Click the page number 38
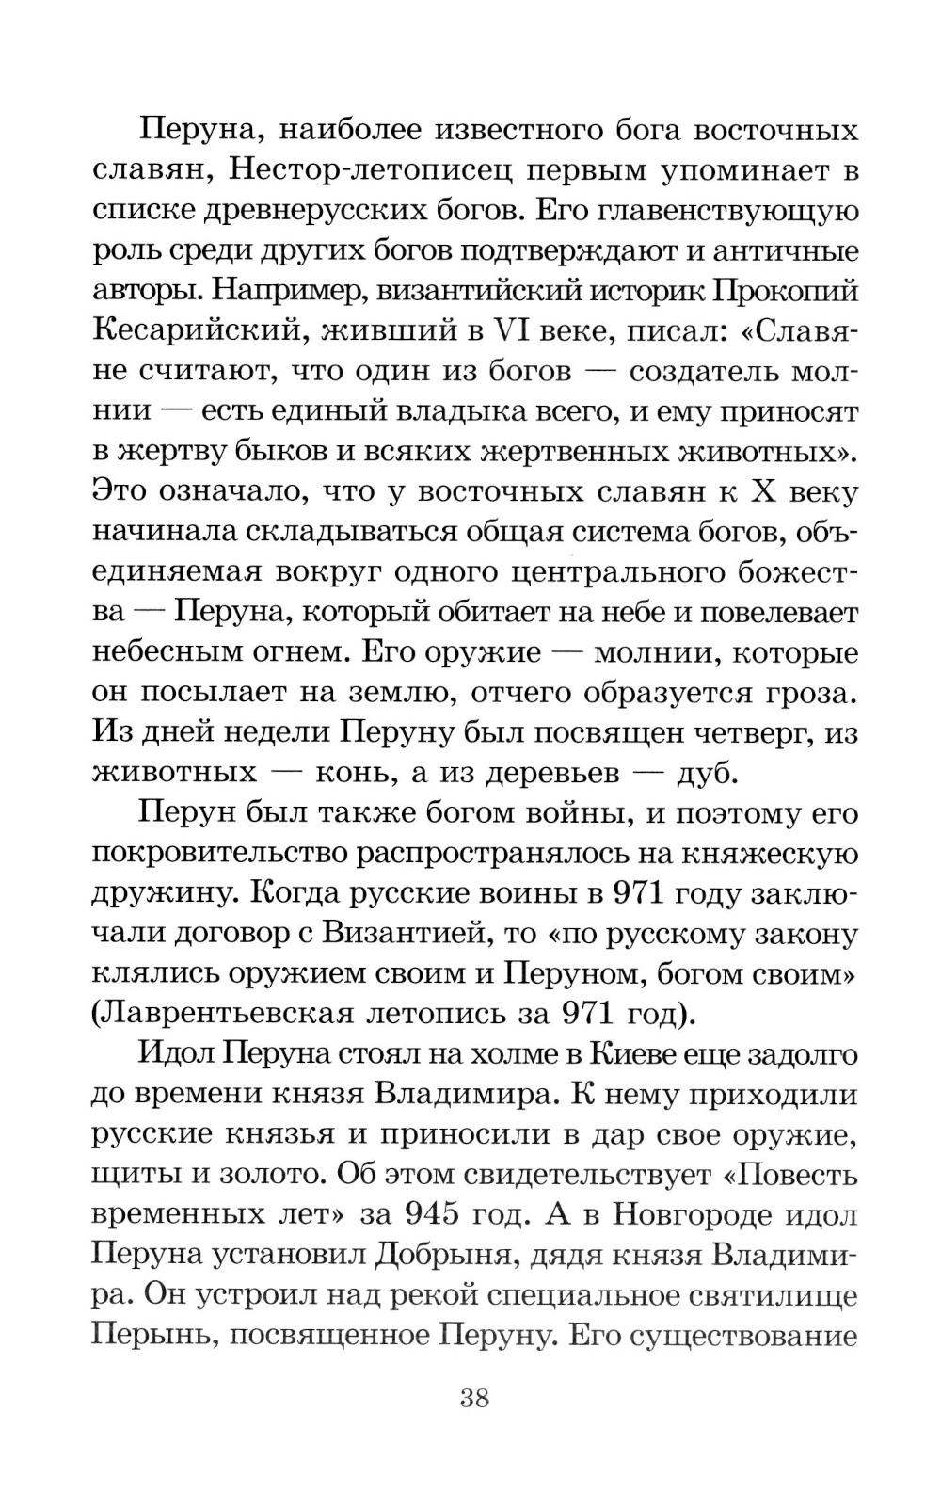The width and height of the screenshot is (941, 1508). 474,1397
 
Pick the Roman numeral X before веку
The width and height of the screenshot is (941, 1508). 759,491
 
